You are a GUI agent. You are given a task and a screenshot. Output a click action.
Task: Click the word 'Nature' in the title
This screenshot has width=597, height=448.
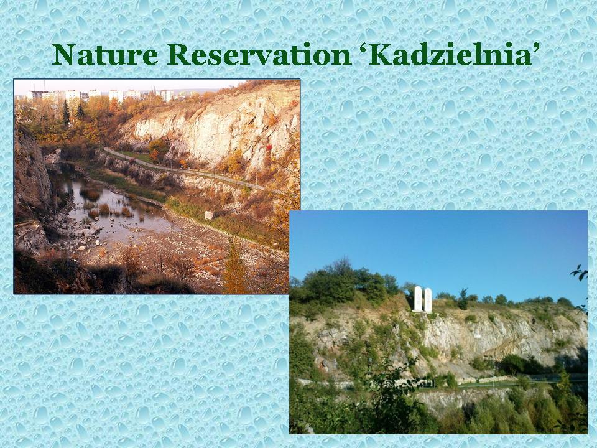click(105, 55)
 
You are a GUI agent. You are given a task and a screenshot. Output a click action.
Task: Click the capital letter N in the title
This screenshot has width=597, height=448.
click(63, 55)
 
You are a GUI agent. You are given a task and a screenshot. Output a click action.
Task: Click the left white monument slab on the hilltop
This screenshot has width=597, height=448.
click(418, 299)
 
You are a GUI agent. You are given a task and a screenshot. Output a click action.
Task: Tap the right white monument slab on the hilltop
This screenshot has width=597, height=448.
click(428, 300)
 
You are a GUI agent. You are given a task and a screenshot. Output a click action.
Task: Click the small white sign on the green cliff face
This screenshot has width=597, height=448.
click(477, 335)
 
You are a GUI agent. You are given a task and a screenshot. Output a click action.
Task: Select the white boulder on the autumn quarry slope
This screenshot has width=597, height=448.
click(209, 215)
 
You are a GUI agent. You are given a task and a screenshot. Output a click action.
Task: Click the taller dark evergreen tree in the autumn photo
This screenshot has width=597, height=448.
click(67, 113)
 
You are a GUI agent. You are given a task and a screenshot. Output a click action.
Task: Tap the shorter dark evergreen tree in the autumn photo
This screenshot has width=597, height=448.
click(80, 111)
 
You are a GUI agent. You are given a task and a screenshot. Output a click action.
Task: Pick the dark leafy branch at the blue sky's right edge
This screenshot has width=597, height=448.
click(580, 273)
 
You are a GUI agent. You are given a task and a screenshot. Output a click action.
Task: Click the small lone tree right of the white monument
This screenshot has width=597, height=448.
click(463, 298)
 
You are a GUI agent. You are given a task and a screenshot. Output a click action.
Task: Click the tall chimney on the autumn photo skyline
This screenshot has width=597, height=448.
click(45, 85)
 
